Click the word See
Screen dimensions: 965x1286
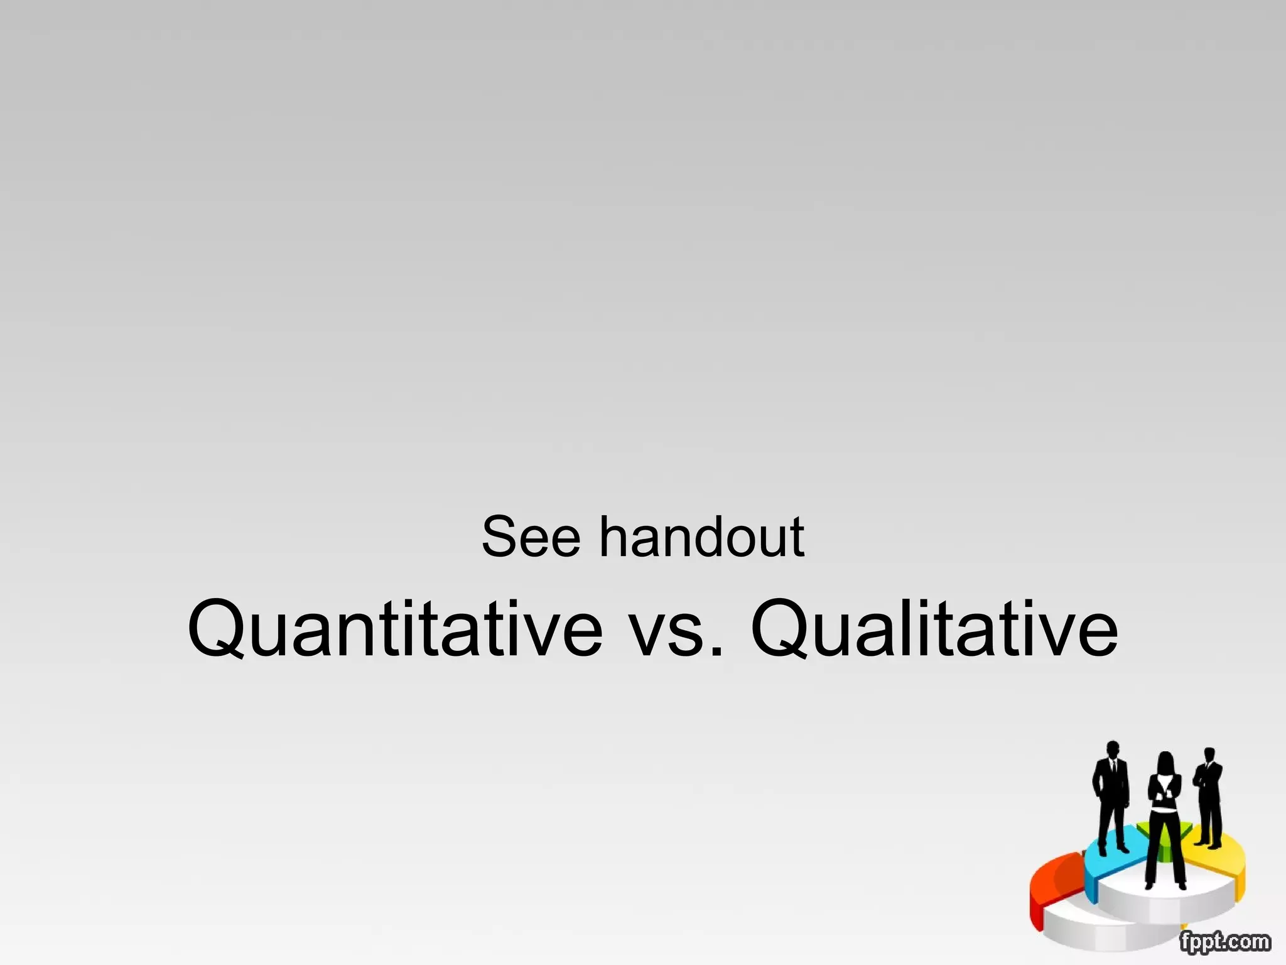coord(531,537)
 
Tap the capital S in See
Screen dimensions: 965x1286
coord(499,537)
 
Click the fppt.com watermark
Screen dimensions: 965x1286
coord(1224,942)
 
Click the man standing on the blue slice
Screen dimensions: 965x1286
coord(1112,798)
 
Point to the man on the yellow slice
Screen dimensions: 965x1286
coord(1209,798)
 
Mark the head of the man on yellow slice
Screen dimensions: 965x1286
coord(1209,755)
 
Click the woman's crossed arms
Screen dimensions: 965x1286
coord(1165,793)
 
